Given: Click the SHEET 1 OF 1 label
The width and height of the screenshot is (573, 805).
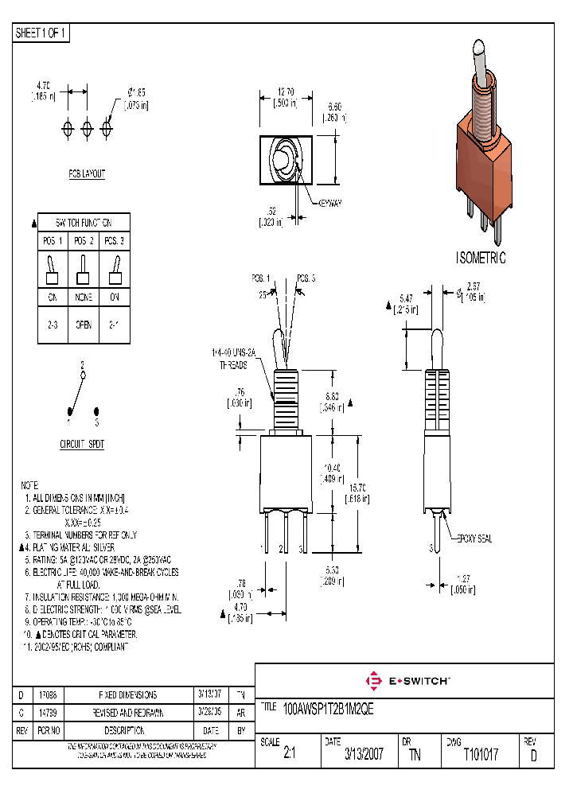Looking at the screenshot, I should [42, 33].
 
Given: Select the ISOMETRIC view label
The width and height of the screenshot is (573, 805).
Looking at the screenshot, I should [480, 259].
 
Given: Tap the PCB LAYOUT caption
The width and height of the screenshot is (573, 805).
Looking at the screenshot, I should [86, 174].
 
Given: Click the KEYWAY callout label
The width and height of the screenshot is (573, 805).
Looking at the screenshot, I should [329, 204].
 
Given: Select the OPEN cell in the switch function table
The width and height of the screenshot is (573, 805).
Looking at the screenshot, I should [84, 325].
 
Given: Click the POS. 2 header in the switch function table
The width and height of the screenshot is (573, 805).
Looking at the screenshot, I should [84, 240].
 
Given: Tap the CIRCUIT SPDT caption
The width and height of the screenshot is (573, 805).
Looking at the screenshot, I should [82, 444].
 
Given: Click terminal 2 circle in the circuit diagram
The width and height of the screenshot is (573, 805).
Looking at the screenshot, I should [83, 373].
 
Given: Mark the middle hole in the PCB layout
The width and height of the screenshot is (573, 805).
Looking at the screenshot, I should [87, 127].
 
